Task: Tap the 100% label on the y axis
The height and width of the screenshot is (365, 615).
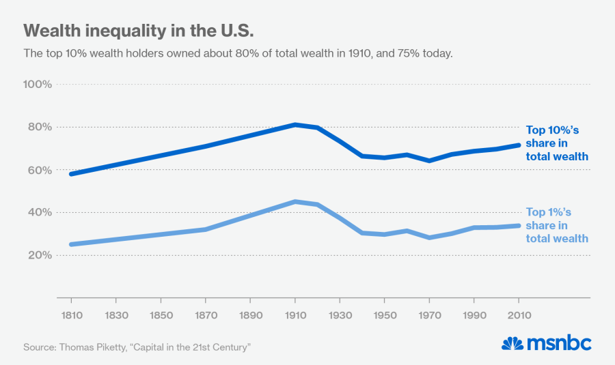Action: click(38, 85)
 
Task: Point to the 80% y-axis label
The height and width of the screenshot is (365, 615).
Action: click(40, 127)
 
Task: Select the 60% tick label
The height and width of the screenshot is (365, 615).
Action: click(40, 170)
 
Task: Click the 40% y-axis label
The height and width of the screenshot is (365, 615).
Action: click(40, 212)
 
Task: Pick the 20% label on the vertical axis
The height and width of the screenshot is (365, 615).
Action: click(40, 255)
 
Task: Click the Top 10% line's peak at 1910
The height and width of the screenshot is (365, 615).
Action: click(295, 125)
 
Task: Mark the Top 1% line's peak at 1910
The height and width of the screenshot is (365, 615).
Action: click(295, 202)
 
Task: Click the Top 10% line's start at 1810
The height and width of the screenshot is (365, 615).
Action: click(72, 174)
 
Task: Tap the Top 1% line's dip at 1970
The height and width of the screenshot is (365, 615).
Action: click(429, 237)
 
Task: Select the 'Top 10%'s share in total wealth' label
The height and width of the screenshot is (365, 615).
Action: click(557, 143)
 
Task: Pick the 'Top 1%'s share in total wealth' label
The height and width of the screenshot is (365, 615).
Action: click(557, 226)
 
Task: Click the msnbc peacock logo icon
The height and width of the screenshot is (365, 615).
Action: click(512, 343)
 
